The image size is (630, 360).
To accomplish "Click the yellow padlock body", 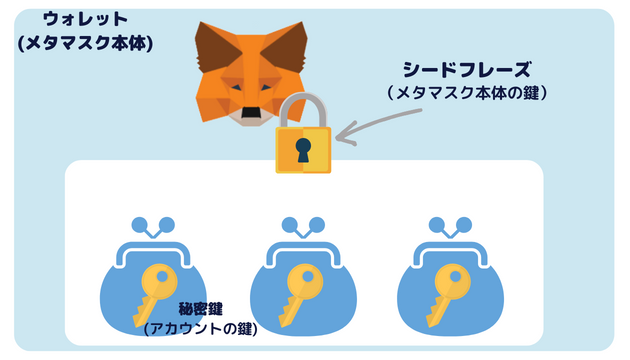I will [303, 149].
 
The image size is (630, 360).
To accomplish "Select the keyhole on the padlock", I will [303, 149].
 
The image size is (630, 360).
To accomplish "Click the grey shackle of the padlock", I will [304, 108].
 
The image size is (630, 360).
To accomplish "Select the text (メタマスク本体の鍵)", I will [465, 93].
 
